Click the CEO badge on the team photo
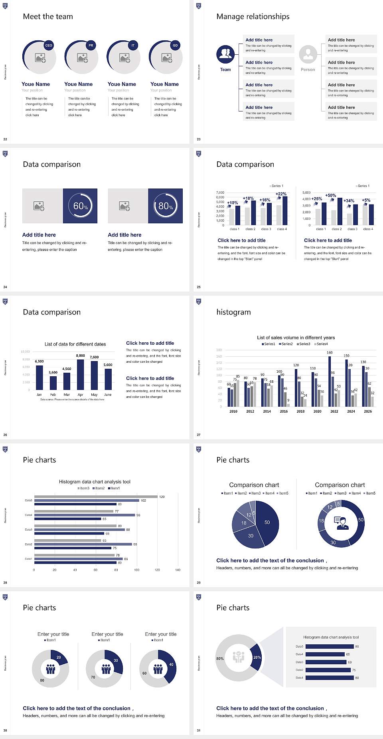(49, 46)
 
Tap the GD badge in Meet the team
(175, 46)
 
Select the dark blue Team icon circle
(225, 54)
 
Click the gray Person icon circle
(308, 54)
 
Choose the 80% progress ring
(166, 206)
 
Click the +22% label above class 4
(281, 194)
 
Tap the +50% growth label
(330, 195)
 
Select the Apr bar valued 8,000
(81, 374)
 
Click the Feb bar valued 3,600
(53, 383)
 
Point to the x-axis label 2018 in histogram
(300, 411)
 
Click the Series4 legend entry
(321, 344)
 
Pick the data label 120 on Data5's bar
(162, 497)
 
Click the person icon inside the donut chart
(342, 523)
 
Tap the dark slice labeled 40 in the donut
(170, 666)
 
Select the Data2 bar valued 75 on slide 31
(328, 670)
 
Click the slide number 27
(199, 435)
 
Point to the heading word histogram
(233, 312)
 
